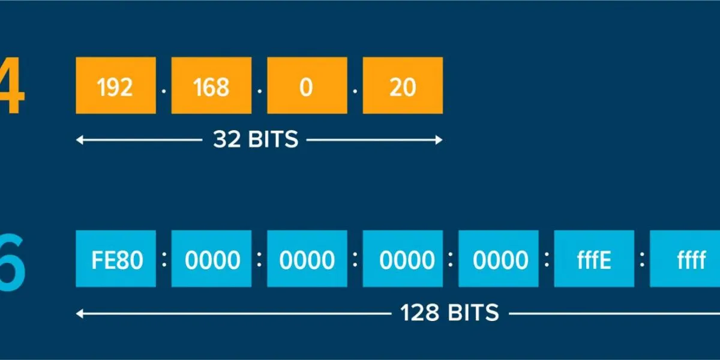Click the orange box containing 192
tap(115, 85)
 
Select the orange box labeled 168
tap(211, 85)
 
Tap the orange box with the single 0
tap(307, 85)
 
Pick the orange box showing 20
tap(403, 85)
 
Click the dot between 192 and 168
tap(164, 91)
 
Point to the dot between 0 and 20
tap(355, 91)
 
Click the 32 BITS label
tap(256, 140)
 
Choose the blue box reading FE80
tap(115, 259)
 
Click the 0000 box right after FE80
tap(211, 259)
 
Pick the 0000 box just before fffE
tap(498, 259)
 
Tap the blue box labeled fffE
tap(593, 259)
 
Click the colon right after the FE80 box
tap(164, 259)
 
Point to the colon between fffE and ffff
tap(642, 259)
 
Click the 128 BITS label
tap(449, 313)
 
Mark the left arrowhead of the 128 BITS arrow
tap(79, 313)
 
